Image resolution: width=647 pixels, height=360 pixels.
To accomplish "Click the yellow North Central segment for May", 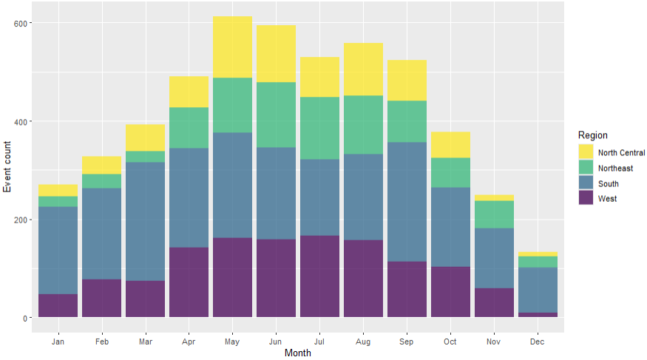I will (232, 47).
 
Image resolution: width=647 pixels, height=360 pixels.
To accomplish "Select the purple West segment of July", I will (319, 276).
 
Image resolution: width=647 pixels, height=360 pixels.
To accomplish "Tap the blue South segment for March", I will (145, 221).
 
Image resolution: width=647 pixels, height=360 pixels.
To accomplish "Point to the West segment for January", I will (58, 305).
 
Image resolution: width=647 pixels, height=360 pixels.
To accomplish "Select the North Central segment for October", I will (450, 144).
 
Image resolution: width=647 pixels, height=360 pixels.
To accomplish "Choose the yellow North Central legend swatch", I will (585, 152).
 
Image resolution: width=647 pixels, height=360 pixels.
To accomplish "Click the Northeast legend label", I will (615, 169).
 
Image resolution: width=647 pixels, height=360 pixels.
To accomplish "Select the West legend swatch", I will (585, 198).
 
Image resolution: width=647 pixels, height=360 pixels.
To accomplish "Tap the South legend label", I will (609, 183).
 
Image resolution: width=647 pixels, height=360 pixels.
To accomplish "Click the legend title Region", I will (593, 135).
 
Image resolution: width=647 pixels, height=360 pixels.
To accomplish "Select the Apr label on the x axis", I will (189, 343).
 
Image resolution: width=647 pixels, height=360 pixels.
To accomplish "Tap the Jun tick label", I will (276, 343).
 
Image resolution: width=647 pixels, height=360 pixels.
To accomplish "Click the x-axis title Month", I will (298, 353).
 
